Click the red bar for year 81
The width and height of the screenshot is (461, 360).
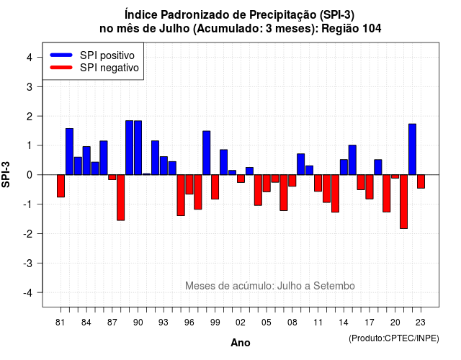(x=61, y=186)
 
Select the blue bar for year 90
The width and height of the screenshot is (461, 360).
(x=138, y=148)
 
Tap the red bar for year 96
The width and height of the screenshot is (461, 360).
(x=189, y=184)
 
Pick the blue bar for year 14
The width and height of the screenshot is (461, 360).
(x=344, y=167)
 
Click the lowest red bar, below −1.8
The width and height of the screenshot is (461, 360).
(x=403, y=202)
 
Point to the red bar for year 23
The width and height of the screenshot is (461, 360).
(x=421, y=181)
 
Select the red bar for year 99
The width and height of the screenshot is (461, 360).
(x=215, y=187)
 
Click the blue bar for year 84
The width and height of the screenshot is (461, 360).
(x=86, y=161)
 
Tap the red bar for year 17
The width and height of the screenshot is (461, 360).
(x=370, y=187)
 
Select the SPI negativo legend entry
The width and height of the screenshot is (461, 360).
(x=94, y=68)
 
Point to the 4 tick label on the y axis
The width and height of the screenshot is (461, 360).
(x=30, y=58)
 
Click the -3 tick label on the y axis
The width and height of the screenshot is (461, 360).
(x=28, y=263)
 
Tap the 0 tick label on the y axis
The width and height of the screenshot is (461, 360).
(x=30, y=175)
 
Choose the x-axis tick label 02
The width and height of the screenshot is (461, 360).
(x=241, y=323)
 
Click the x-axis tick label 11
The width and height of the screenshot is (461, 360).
(x=318, y=323)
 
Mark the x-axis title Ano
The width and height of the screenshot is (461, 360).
(x=241, y=343)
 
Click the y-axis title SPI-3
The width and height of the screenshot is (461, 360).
(x=6, y=175)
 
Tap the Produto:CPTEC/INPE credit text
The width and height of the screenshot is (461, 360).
(x=394, y=338)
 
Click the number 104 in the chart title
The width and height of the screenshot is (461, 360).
(x=372, y=29)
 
